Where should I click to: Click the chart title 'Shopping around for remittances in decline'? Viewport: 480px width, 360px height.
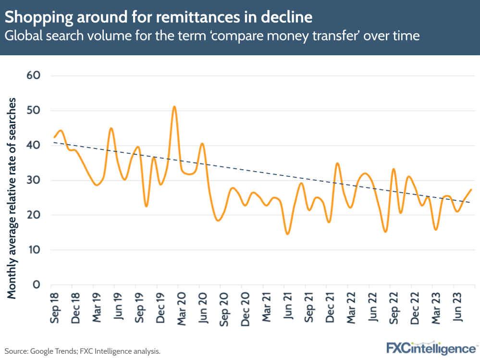click(x=159, y=18)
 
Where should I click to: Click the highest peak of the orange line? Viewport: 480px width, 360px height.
click(x=174, y=107)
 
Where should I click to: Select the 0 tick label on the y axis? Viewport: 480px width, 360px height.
click(x=35, y=285)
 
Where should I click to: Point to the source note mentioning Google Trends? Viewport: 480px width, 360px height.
click(x=82, y=351)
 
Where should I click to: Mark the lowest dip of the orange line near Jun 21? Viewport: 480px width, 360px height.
click(x=287, y=234)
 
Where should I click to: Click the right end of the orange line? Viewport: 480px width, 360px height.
click(x=471, y=190)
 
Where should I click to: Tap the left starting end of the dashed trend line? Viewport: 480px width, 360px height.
click(x=53, y=142)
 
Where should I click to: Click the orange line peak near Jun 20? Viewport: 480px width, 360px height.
click(x=202, y=144)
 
